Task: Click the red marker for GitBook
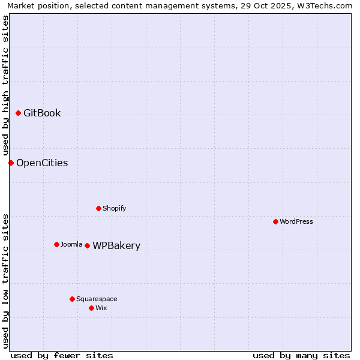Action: [x=18, y=113]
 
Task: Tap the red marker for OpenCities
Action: [x=11, y=163]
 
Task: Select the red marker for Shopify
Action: [x=98, y=208]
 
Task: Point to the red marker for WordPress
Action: [x=275, y=221]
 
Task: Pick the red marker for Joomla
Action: [x=56, y=244]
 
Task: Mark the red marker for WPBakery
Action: [x=87, y=245]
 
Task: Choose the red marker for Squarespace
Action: [x=72, y=299]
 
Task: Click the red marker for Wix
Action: [x=91, y=308]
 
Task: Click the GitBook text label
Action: [x=42, y=113]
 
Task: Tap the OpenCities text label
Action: [x=42, y=163]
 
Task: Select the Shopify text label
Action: [x=114, y=208]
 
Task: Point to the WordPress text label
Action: [x=296, y=221]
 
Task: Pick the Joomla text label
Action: [x=71, y=244]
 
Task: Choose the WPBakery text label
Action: [x=116, y=245]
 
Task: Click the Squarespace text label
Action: [x=97, y=299]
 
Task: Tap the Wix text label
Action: [x=101, y=308]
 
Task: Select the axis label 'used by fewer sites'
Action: [x=62, y=355]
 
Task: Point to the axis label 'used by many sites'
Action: [x=301, y=355]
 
